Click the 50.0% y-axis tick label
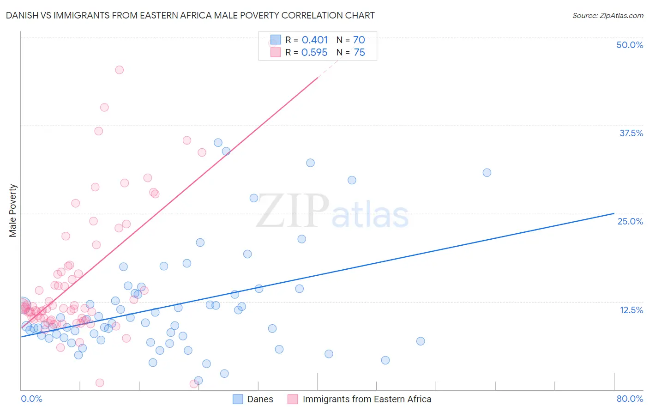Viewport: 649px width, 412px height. (630, 45)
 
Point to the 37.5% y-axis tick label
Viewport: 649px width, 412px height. (631, 133)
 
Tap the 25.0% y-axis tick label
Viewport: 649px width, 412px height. (630, 221)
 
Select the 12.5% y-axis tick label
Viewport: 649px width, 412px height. (631, 310)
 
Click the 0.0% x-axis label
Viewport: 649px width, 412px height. (31, 399)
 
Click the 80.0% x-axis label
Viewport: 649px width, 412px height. (630, 399)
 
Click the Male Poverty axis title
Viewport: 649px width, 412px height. (12, 211)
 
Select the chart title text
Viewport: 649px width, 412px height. (190, 15)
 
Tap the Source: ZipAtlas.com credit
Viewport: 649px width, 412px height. (607, 15)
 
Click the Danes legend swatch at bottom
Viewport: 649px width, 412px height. (238, 399)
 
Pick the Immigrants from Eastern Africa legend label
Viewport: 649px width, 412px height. (367, 399)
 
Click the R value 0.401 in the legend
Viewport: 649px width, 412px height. (314, 40)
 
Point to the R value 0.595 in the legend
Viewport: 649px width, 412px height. (314, 53)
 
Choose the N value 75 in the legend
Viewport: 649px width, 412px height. (359, 53)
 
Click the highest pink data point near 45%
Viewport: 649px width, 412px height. (119, 70)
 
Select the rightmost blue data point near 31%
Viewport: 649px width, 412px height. (487, 173)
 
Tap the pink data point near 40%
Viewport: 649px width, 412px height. (104, 107)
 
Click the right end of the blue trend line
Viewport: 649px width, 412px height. (613, 213)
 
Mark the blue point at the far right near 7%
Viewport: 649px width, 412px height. (421, 341)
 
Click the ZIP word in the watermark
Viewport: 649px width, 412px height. (292, 211)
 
